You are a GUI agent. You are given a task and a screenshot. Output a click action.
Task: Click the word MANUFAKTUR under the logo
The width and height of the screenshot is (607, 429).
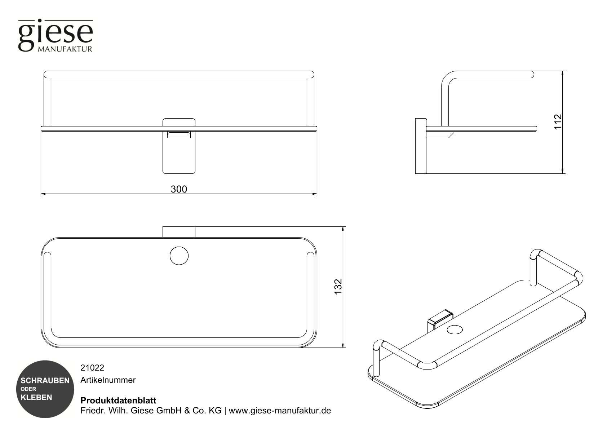(65, 49)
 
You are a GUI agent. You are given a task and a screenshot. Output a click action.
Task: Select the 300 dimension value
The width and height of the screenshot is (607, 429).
(179, 189)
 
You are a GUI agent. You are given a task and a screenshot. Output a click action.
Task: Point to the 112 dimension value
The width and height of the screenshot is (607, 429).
(558, 122)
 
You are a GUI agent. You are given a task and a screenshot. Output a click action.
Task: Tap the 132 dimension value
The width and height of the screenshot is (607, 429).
(338, 287)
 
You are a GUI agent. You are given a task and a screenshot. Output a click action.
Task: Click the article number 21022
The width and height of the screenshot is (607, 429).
(92, 368)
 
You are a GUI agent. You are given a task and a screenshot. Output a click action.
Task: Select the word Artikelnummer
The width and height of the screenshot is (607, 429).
(108, 380)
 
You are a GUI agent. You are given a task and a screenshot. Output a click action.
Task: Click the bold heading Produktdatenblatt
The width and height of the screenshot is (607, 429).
(118, 401)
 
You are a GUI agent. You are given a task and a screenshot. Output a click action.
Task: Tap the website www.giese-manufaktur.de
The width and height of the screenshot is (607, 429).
(280, 411)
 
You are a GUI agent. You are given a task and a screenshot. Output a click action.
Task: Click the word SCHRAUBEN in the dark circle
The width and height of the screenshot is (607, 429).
(45, 381)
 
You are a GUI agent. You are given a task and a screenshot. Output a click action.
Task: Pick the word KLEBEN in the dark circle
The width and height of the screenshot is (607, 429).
(36, 398)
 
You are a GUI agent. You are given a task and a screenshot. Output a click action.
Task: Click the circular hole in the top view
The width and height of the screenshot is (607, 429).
(179, 256)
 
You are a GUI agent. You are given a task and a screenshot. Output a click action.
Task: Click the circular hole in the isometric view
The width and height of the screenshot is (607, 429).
(455, 329)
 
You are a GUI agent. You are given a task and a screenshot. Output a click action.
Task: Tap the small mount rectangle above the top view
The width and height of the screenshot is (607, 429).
(179, 232)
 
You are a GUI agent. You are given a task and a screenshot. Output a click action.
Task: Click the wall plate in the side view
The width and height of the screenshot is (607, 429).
(420, 146)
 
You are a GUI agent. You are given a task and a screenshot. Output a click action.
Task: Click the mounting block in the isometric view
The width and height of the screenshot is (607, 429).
(439, 319)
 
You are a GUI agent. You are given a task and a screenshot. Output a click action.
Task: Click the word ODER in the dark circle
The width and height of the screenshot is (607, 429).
(28, 389)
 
